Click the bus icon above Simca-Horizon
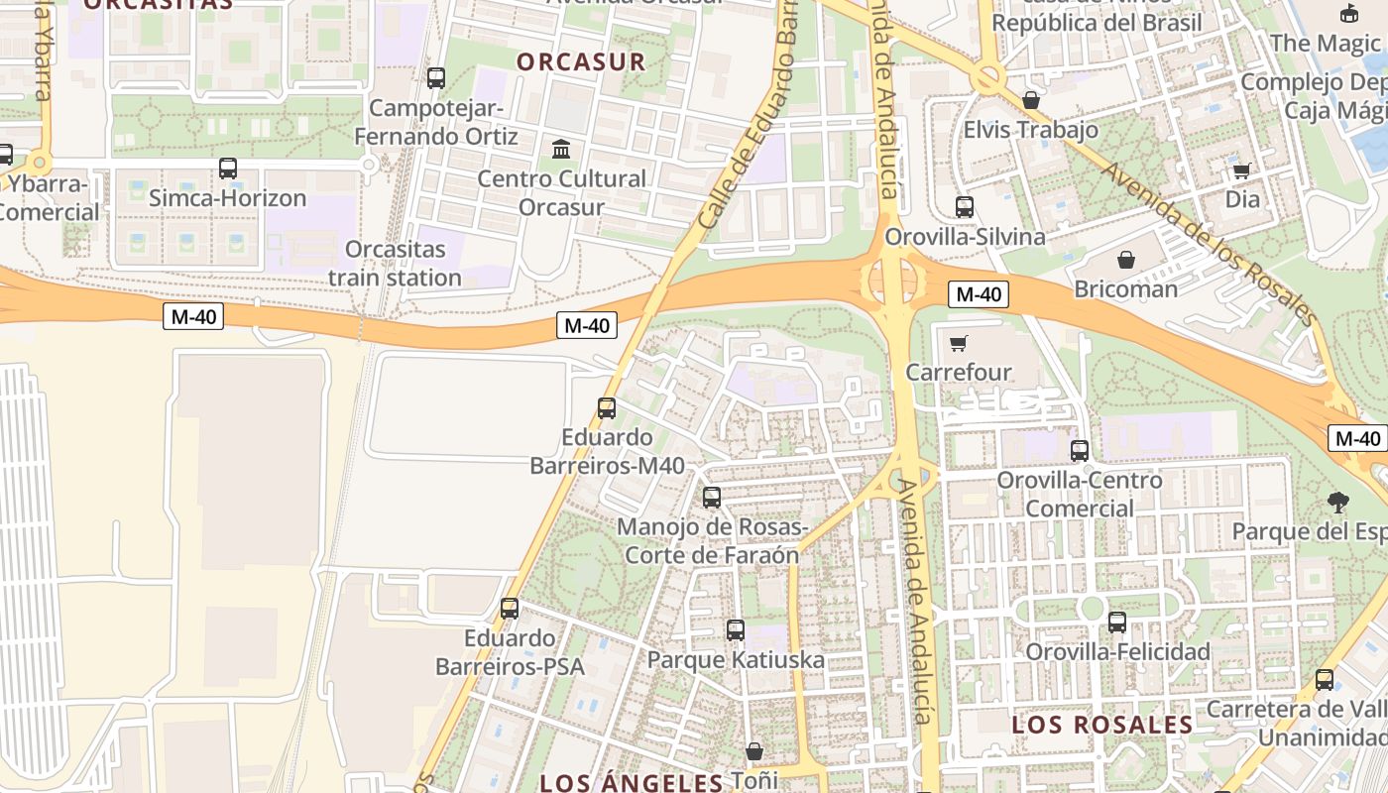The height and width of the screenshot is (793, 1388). click(x=228, y=169)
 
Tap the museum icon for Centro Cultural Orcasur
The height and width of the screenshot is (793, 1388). click(x=561, y=150)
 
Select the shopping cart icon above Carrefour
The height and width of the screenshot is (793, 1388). click(x=958, y=343)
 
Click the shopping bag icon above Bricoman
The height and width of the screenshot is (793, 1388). click(x=1126, y=260)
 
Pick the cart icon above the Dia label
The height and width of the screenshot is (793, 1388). click(x=1241, y=170)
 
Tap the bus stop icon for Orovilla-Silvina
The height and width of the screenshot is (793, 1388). click(x=965, y=207)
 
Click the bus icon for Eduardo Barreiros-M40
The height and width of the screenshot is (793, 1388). click(x=607, y=407)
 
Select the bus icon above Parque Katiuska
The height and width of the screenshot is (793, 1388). click(x=736, y=629)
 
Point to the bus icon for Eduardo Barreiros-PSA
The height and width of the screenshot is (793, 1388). click(x=510, y=608)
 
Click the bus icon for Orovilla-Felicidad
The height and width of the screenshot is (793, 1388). click(x=1117, y=622)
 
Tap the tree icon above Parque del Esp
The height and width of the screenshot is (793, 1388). click(x=1338, y=503)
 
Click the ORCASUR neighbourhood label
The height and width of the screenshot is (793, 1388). click(x=581, y=61)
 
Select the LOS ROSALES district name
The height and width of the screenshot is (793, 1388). click(x=1101, y=725)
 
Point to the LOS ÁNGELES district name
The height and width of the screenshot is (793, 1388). click(x=631, y=782)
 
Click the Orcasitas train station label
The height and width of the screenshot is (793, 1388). click(x=395, y=263)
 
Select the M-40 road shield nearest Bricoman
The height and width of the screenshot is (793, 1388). click(x=979, y=294)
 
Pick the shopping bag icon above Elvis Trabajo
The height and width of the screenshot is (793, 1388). click(x=1031, y=100)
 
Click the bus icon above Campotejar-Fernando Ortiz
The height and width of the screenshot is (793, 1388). click(x=436, y=77)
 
